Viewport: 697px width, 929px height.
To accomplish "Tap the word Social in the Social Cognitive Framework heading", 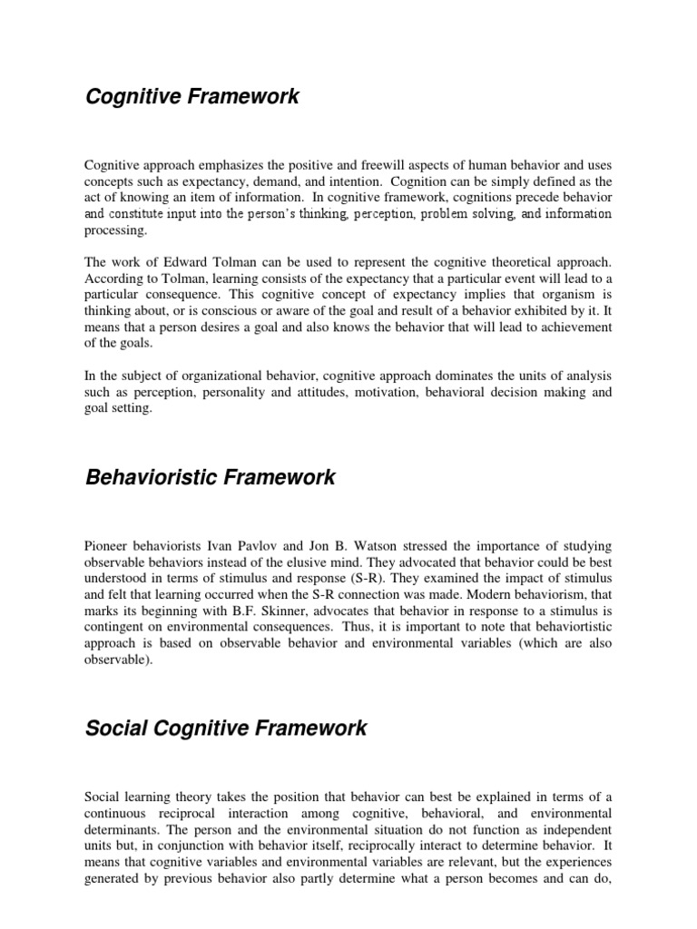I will point(114,728).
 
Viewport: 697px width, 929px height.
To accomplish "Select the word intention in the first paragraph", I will point(325,181).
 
